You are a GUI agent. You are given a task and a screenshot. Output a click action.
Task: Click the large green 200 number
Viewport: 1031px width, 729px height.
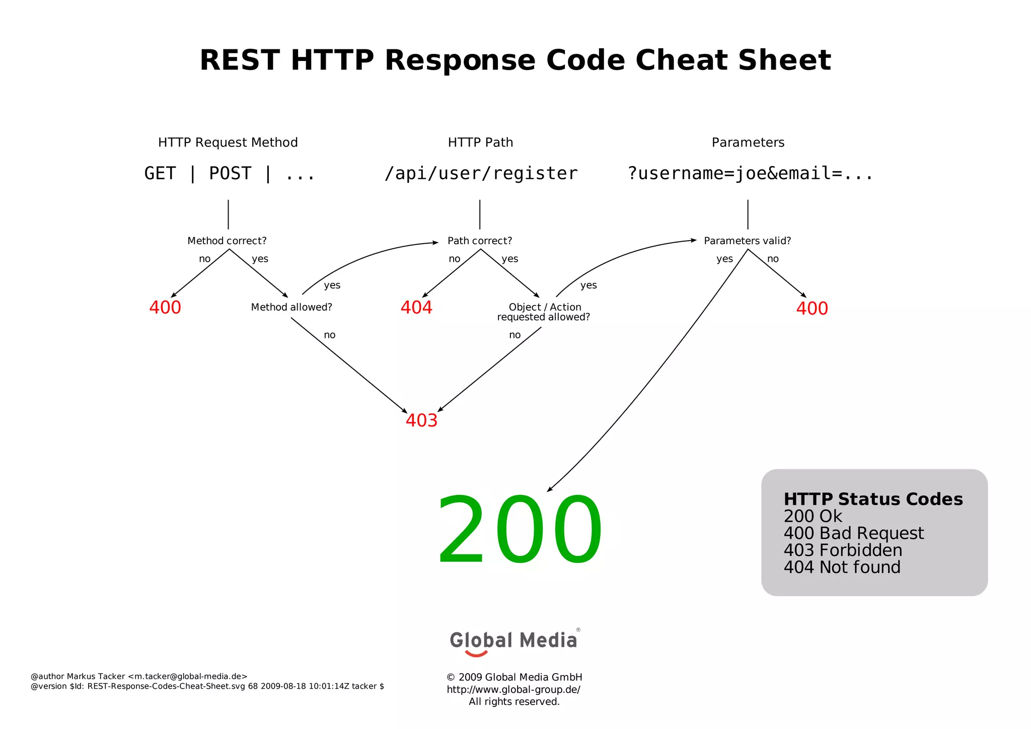tap(519, 530)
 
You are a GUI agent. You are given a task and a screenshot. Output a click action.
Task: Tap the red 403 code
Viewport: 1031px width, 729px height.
tap(421, 420)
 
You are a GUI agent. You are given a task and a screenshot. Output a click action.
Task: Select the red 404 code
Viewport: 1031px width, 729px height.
tap(416, 307)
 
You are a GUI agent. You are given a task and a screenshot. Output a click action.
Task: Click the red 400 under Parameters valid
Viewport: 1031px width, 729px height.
tap(812, 308)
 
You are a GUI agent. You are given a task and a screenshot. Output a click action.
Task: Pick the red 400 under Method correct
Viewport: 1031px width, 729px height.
tap(165, 307)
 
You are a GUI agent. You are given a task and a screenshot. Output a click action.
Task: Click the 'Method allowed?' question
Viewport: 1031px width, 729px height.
tap(291, 307)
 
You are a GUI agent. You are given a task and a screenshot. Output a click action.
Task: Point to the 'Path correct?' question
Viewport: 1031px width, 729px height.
tap(480, 241)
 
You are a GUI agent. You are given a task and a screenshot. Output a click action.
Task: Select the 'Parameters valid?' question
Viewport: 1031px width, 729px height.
tap(747, 241)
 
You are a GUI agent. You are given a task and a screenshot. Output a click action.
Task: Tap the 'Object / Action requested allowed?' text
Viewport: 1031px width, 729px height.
tap(544, 312)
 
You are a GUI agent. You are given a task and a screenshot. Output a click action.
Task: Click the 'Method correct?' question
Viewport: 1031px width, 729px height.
tap(227, 241)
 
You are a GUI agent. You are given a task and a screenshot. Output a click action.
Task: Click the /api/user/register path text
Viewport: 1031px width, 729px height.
tap(481, 173)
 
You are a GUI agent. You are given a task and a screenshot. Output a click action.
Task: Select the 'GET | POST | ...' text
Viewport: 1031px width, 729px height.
tap(230, 173)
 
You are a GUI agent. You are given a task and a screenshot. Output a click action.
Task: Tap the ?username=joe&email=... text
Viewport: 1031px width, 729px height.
tap(750, 173)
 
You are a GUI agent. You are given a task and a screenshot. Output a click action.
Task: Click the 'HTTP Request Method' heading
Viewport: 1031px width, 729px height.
tap(228, 142)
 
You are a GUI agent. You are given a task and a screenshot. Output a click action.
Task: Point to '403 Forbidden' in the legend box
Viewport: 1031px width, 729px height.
tap(843, 550)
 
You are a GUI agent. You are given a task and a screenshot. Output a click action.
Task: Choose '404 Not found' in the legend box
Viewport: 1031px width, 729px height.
tap(842, 567)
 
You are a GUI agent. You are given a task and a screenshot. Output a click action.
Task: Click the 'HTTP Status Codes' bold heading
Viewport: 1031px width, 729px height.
tap(873, 499)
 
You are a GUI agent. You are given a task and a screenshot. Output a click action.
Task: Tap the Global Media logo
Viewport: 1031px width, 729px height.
tap(513, 641)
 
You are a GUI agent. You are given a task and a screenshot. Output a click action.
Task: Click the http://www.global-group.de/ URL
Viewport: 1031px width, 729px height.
tap(513, 690)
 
